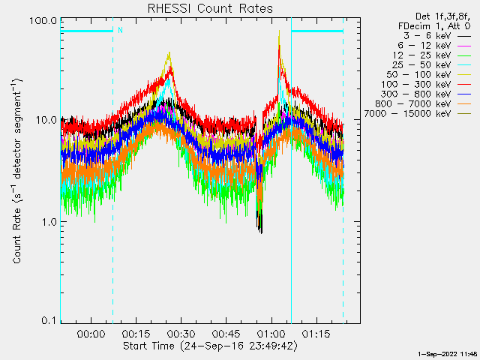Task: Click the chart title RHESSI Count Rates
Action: coord(209,8)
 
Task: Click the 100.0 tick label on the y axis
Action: coord(43,20)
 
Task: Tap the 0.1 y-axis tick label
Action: coord(49,321)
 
